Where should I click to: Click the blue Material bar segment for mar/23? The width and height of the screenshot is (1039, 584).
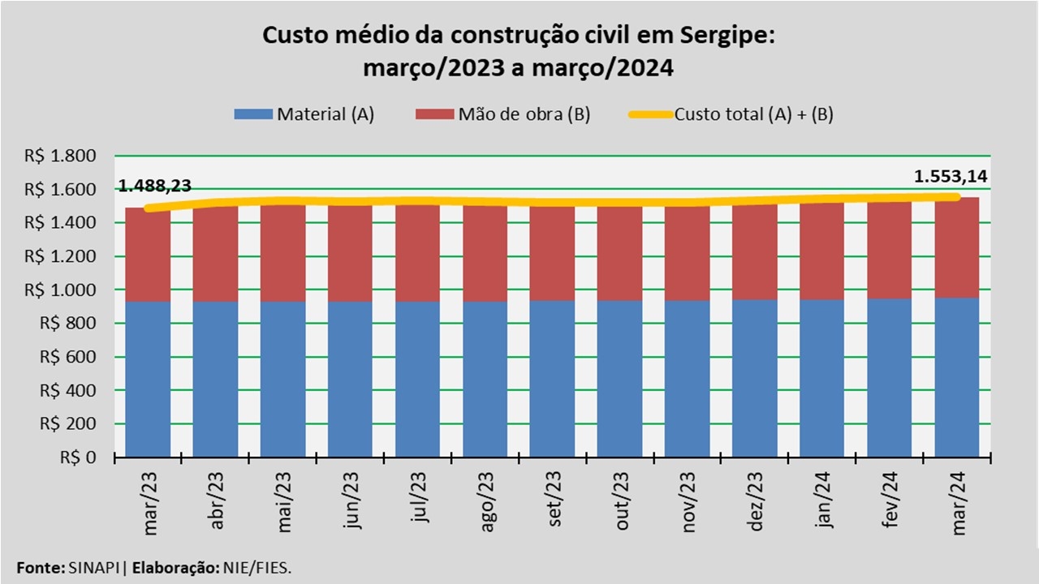tap(148, 380)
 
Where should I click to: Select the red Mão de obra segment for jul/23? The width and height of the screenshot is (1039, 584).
tap(418, 254)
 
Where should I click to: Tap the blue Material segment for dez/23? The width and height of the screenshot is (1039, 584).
tap(756, 378)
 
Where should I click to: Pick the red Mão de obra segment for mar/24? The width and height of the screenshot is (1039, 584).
tap(957, 248)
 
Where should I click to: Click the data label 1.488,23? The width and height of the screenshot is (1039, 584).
tap(155, 186)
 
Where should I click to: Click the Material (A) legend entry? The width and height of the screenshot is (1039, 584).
tap(304, 114)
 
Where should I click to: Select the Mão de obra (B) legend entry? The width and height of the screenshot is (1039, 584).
tap(503, 114)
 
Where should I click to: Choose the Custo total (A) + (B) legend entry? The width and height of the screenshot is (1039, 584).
tap(731, 114)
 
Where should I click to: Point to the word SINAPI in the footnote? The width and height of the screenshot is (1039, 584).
tap(91, 568)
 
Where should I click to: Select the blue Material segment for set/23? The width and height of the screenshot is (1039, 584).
tap(553, 379)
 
